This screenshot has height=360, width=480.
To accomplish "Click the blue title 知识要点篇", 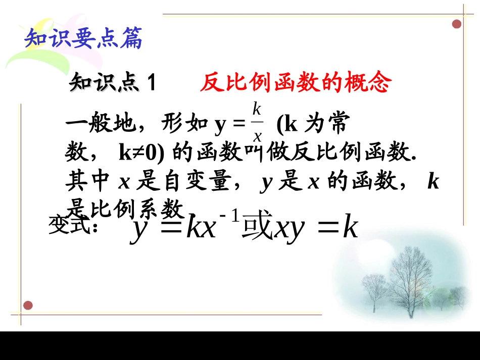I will click(x=84, y=39).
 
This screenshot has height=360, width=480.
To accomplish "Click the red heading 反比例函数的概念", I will click(x=296, y=82).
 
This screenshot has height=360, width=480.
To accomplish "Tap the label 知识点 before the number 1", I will click(x=104, y=82).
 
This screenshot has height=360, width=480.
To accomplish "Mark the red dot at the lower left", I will click(x=28, y=305).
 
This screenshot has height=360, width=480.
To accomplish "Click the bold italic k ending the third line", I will click(x=433, y=181).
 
